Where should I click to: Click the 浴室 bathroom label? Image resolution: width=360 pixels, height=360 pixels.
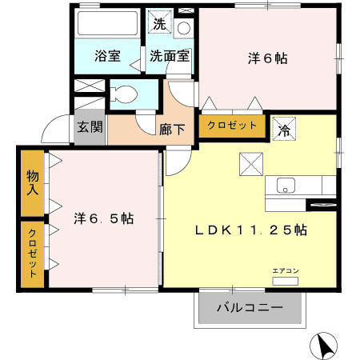coord(107,57)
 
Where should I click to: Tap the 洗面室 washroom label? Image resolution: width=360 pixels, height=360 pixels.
coord(169,57)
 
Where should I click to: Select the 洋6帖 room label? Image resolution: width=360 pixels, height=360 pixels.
coord(267,58)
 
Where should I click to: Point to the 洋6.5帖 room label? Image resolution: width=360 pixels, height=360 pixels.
coord(104,218)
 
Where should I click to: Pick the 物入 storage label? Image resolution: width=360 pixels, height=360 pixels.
coord(32,183)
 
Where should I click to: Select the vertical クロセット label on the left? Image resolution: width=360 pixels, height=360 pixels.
coord(32,252)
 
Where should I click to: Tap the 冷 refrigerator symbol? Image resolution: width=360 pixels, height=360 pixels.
coord(283,129)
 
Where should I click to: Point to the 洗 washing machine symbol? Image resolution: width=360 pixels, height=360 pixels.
coord(161,24)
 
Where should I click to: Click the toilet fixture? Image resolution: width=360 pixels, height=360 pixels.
coord(122,93)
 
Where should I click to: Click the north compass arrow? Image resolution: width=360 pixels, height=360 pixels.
coord(324,346)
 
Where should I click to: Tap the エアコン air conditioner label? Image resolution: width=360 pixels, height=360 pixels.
coord(286,271)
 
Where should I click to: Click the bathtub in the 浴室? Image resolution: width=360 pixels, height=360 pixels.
coord(108,25)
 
